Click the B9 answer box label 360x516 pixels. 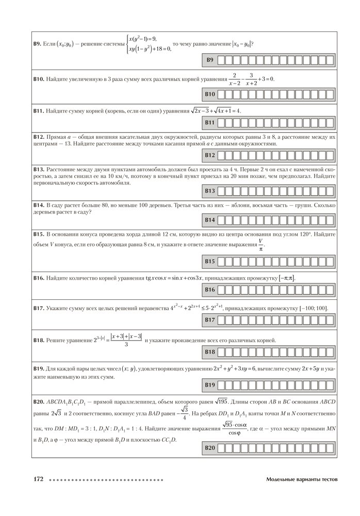pyautogui.click(x=210, y=60)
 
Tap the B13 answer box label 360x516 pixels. pyautogui.click(x=210, y=191)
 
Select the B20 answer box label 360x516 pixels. pyautogui.click(x=210, y=448)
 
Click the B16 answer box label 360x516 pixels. pyautogui.click(x=210, y=291)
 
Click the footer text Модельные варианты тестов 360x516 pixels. pyautogui.click(x=302, y=479)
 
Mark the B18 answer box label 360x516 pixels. pyautogui.click(x=210, y=352)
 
